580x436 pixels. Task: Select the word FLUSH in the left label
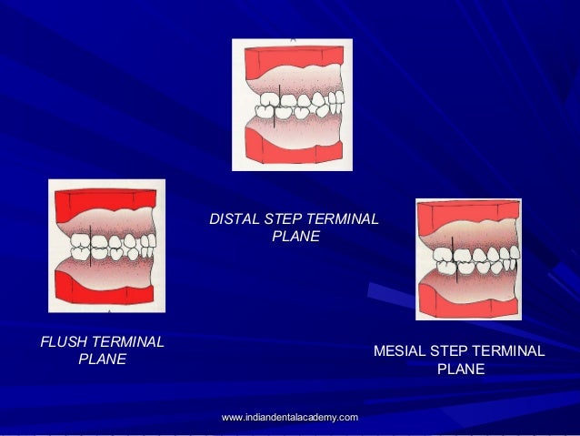62,342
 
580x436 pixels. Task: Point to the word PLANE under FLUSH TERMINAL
102,360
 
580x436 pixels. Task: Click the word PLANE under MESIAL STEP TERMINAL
460,370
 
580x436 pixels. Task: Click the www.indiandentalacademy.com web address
289,417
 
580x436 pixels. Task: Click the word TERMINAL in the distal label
343,219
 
